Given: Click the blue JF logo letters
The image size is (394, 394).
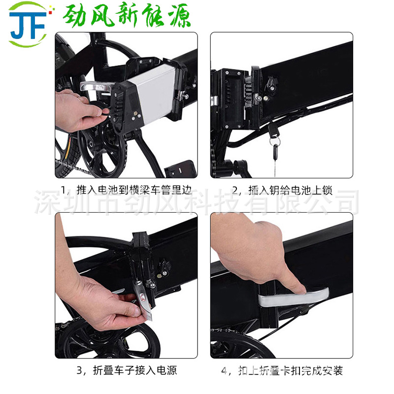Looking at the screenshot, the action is tap(28, 25).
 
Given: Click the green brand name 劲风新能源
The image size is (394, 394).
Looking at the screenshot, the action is tap(127, 15).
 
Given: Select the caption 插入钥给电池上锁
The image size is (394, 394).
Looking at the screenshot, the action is tap(291, 190).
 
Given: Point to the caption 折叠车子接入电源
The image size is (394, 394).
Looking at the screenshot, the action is tap(135, 370).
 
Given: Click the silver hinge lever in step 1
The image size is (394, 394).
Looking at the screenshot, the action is tap(95, 87).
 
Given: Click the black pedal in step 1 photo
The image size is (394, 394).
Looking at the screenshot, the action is tap(180, 168).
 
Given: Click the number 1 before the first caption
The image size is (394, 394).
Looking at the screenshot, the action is tap(64, 190).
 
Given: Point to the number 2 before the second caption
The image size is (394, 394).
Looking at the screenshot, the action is tap(235, 191).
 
